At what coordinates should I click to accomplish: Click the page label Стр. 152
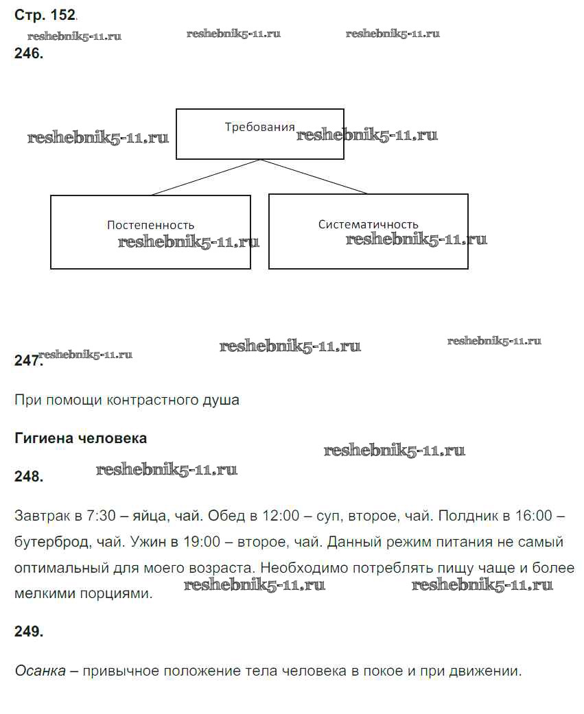tap(45, 15)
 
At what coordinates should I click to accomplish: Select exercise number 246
tap(29, 53)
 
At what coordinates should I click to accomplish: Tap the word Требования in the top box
tap(259, 127)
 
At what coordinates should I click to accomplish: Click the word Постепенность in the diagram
tap(150, 225)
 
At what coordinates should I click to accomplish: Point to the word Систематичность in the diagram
tap(368, 224)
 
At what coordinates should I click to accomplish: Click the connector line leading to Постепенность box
tap(205, 177)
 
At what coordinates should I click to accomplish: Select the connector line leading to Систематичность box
tap(314, 177)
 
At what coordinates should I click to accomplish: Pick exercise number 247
tap(29, 360)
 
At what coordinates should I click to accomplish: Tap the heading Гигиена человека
tap(80, 438)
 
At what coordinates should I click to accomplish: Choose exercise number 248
tap(29, 476)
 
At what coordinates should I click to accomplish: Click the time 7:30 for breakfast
tap(101, 516)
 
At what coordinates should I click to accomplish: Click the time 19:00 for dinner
tap(202, 541)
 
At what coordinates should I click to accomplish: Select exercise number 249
tap(29, 631)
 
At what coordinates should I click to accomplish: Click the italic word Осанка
tap(40, 671)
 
